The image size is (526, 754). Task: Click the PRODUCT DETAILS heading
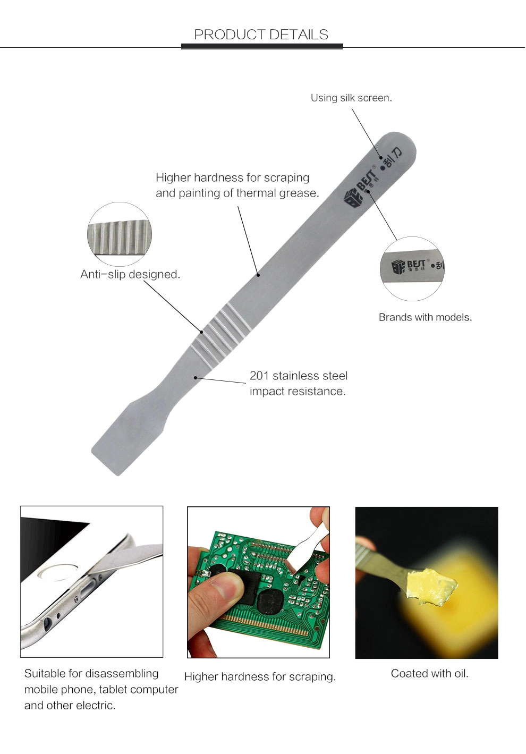261,35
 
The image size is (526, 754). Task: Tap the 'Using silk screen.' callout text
351,98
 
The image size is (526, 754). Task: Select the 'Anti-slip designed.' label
130,274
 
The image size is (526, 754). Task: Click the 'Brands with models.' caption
426,317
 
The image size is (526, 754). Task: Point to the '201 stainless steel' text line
299,376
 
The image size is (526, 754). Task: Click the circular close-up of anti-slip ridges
120,234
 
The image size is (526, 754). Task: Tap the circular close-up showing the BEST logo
412,269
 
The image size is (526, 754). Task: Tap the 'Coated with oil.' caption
429,674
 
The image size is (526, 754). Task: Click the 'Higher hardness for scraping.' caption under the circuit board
260,676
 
